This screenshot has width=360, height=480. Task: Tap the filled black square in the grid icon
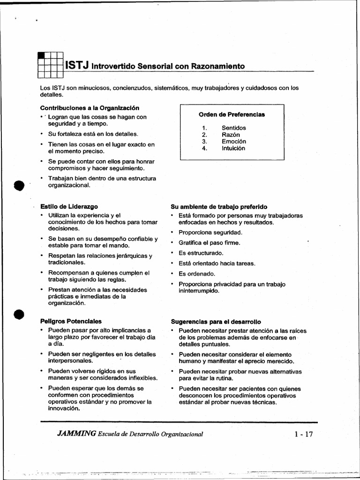coord(41,55)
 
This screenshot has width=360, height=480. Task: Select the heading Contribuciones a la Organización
coord(90,108)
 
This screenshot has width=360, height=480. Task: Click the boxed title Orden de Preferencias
coord(232,114)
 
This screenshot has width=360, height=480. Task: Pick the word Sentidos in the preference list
coord(233,128)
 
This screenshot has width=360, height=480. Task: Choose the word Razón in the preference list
coord(231,135)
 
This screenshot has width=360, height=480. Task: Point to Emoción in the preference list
coord(233,142)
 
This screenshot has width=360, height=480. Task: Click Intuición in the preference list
coord(233,149)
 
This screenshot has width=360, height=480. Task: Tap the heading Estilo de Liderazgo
coord(69,206)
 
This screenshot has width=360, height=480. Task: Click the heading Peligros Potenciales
coord(71,322)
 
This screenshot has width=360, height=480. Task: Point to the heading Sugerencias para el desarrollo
coord(216,322)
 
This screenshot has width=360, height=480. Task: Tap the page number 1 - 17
coord(303,434)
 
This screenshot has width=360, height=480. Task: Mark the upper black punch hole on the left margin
coord(18,186)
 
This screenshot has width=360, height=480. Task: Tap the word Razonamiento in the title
coord(217,67)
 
